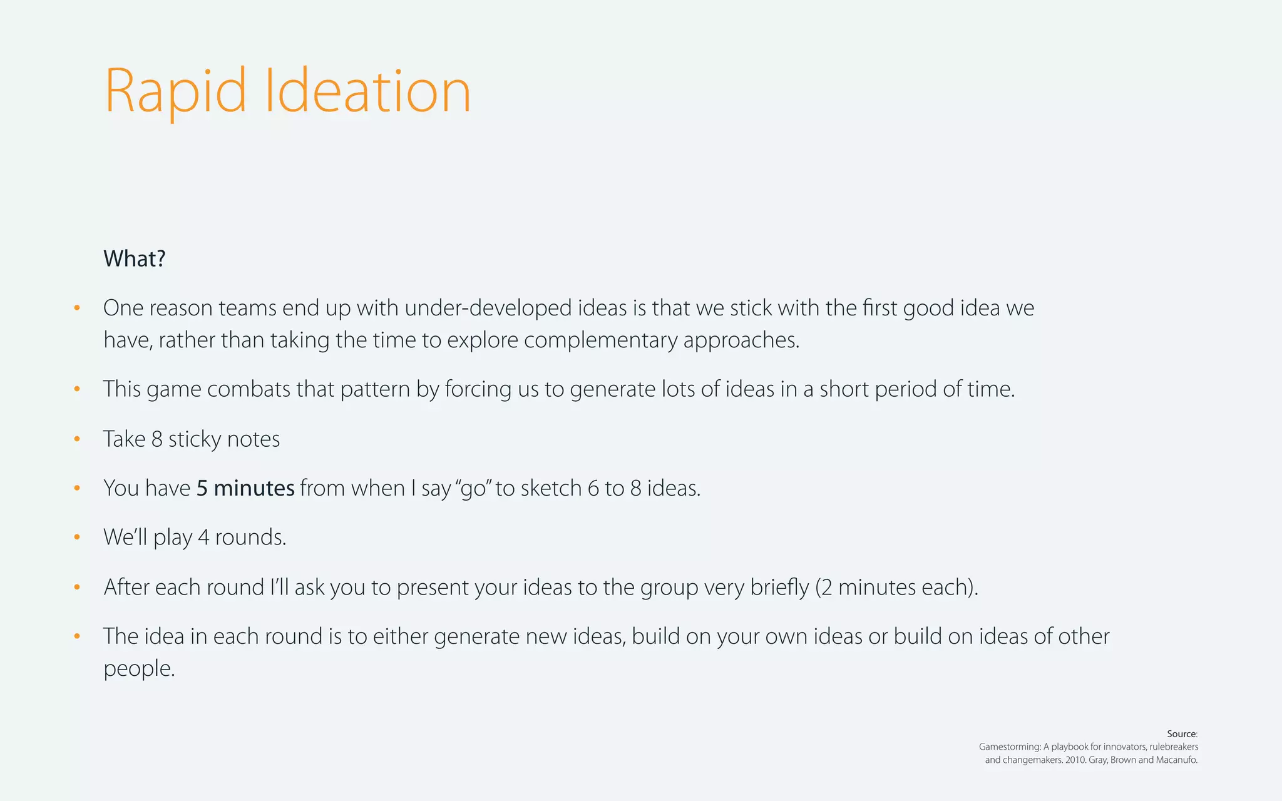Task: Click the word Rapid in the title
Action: (175, 92)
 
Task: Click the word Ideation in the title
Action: (367, 92)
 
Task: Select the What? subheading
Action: (135, 258)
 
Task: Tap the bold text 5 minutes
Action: (245, 488)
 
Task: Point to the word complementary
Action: (600, 340)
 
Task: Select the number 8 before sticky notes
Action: (157, 439)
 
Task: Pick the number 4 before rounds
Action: (203, 538)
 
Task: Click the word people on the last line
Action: (138, 669)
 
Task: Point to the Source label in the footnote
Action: (1182, 734)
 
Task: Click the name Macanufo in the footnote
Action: (1177, 760)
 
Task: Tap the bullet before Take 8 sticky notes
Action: (77, 439)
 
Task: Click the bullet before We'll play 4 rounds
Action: (77, 538)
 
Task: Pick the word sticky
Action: (195, 439)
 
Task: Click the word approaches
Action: (741, 340)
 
